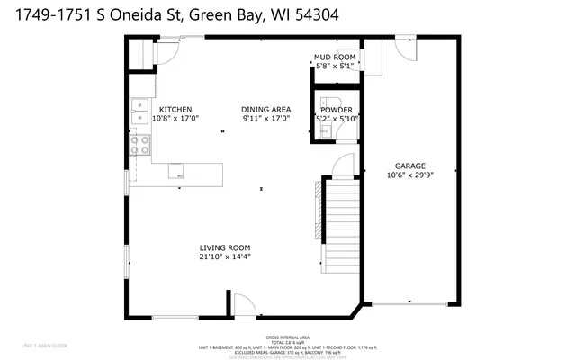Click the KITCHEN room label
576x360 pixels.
coord(175,110)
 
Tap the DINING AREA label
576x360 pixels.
coord(265,110)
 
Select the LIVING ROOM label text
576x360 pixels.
coord(225,247)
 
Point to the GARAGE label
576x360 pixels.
coord(409,166)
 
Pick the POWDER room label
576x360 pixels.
coord(337,110)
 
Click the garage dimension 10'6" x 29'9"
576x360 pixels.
coord(409,175)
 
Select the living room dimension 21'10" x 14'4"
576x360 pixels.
coord(225,256)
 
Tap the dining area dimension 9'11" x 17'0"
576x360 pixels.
coord(265,118)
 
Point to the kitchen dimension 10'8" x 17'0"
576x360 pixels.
coord(175,118)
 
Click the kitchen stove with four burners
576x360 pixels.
coord(140,144)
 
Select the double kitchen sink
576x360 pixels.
coord(140,112)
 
